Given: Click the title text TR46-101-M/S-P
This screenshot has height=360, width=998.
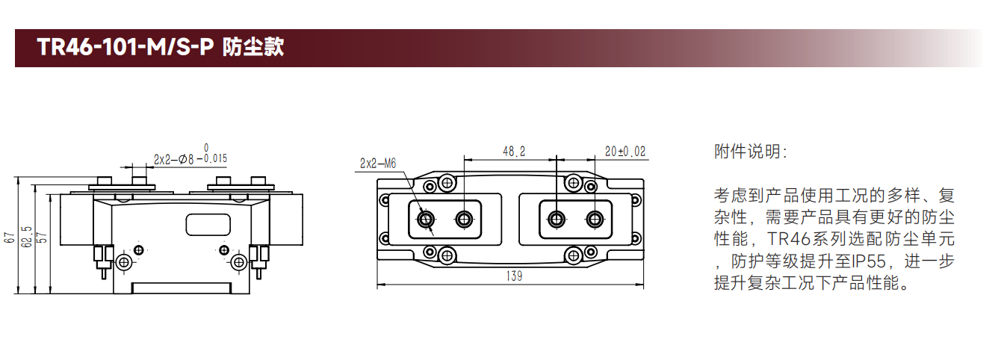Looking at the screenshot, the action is [x=125, y=47].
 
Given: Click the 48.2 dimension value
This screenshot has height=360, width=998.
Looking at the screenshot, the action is [x=514, y=152].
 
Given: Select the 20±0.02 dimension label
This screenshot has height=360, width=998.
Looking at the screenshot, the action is [x=625, y=152].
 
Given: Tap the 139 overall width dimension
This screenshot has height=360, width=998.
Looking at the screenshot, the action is [x=514, y=276].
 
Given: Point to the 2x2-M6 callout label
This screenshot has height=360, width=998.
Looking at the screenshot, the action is [x=378, y=164].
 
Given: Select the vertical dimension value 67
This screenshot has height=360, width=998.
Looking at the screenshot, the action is [x=9, y=238].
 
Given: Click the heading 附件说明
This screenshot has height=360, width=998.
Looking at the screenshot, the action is [x=750, y=152].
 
